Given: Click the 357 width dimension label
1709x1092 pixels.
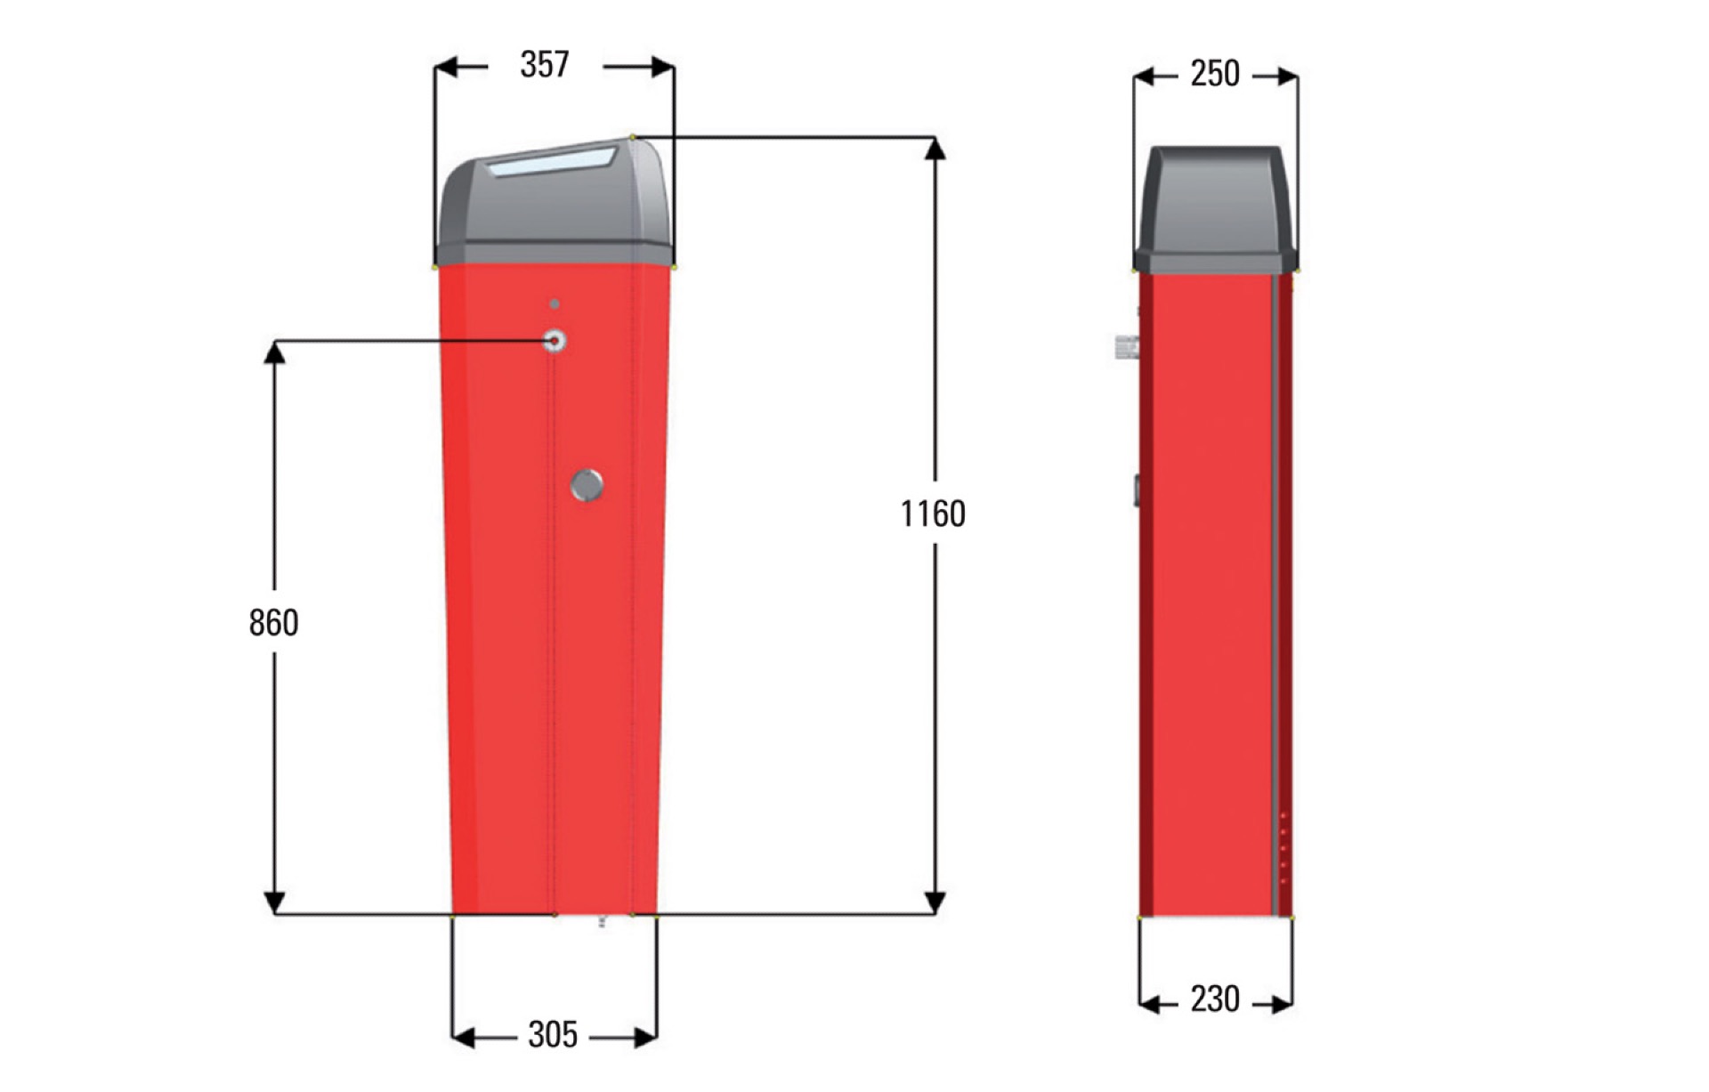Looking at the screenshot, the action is [x=544, y=64].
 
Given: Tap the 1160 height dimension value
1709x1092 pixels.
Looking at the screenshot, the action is [x=932, y=514].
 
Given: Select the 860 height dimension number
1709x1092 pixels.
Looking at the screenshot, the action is [x=273, y=622].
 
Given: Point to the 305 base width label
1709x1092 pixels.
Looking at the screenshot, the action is [x=553, y=1034].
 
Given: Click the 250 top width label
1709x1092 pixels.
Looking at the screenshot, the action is [x=1215, y=73].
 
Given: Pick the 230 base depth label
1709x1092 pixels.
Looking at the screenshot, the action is [x=1215, y=999].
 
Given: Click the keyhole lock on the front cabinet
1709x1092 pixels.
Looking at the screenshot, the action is [x=555, y=341].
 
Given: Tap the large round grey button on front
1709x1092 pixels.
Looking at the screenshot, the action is [x=587, y=485].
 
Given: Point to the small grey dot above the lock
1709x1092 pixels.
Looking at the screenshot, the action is [x=555, y=304].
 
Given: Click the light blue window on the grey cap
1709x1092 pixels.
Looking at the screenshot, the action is [x=552, y=162].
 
